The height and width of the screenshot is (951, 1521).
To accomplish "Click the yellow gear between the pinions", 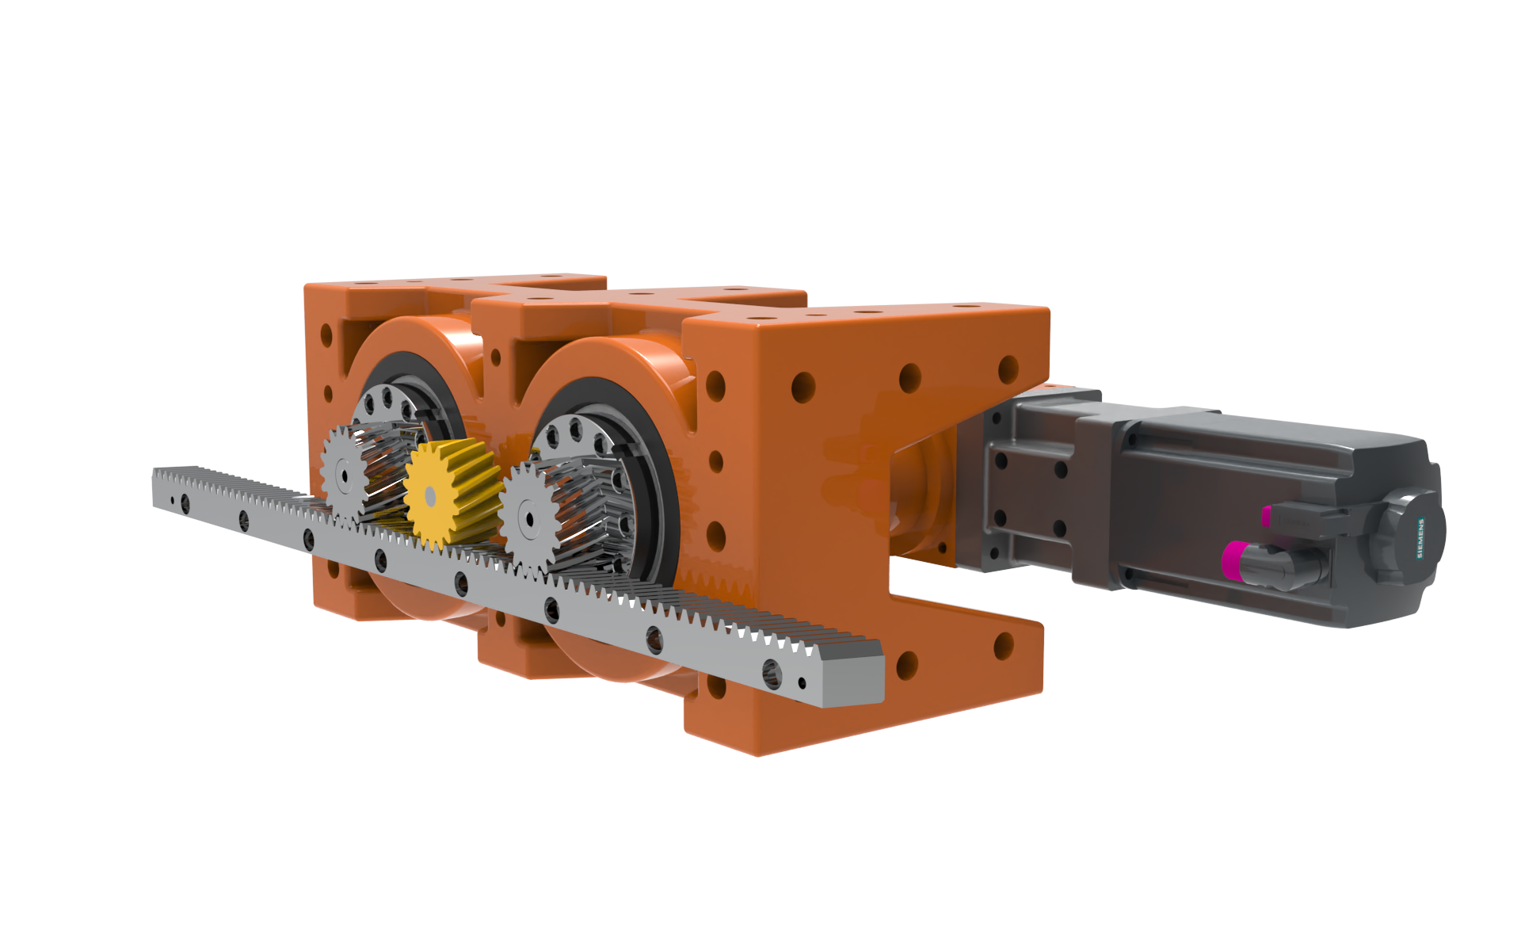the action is [452, 495].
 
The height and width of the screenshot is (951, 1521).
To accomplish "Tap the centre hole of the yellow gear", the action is [430, 497].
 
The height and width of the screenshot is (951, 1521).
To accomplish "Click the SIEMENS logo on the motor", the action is [1421, 538].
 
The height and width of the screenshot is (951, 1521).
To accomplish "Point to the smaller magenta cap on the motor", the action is [1266, 516].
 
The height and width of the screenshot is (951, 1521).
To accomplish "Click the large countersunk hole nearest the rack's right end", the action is [772, 674].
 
